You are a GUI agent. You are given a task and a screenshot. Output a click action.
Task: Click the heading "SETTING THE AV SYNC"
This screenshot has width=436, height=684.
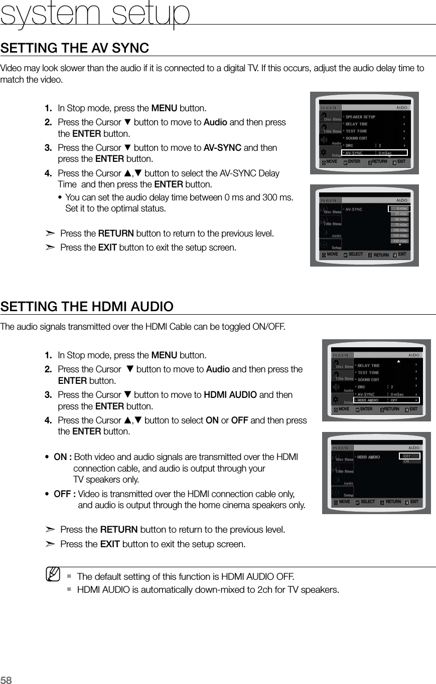point(75,48)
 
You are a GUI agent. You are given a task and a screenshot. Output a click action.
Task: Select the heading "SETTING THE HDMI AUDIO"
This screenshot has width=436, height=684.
point(87,306)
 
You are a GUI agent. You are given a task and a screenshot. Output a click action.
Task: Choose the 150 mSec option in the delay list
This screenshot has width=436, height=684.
point(400,241)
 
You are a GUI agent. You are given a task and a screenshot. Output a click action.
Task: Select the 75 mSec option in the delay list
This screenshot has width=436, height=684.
point(400,224)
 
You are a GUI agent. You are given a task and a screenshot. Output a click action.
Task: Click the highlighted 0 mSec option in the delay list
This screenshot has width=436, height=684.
point(400,208)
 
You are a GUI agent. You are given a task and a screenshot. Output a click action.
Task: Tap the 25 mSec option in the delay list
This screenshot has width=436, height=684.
point(400,213)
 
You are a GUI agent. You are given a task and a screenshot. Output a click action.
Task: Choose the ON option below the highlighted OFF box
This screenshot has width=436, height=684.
point(406,462)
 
